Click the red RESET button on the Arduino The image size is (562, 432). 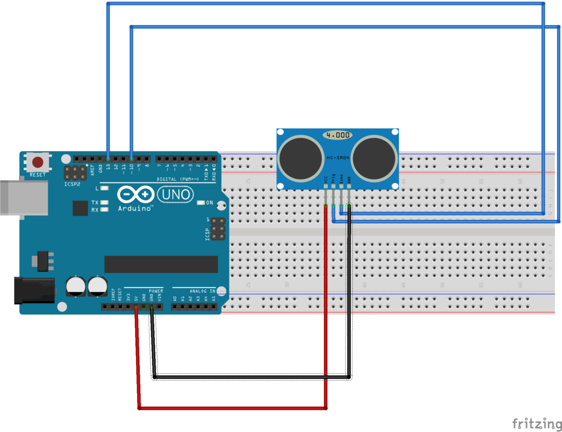[x=38, y=163]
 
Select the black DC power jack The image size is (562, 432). [x=33, y=290]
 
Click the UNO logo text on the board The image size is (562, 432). [x=176, y=194]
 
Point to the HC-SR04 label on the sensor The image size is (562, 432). [x=338, y=158]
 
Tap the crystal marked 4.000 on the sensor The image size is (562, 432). [x=338, y=135]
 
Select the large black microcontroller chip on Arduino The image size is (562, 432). [x=161, y=264]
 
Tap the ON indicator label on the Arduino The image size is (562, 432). [x=209, y=202]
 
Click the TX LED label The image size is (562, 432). [x=94, y=202]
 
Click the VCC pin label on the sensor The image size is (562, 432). [x=326, y=179]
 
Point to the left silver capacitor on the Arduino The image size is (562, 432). [x=75, y=286]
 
